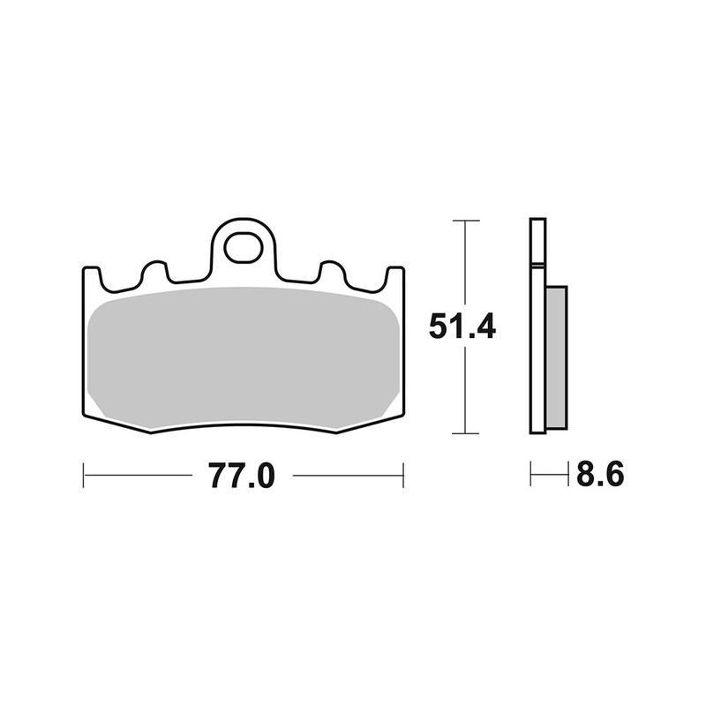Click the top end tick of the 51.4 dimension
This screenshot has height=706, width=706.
(x=464, y=220)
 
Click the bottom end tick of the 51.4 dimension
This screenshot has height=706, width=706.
(x=464, y=433)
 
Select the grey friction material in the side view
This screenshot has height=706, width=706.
(x=557, y=352)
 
